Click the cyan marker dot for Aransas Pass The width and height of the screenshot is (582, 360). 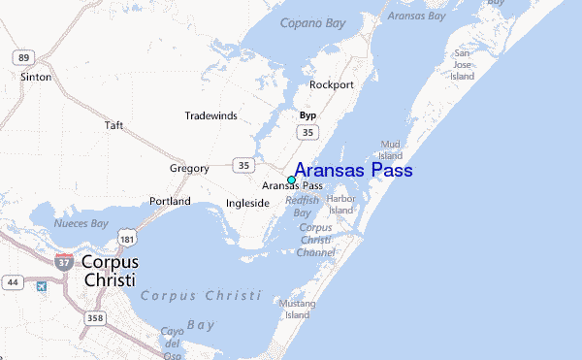pos(292,180)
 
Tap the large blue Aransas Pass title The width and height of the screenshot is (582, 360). pos(353,171)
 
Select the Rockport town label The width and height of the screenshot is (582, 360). pos(331,84)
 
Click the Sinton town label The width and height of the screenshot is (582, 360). pos(36,75)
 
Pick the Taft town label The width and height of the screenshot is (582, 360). pos(114,125)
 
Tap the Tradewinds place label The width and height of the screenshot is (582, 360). pos(211,115)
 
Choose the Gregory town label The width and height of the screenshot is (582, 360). pos(189,168)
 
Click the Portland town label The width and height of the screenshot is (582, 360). pos(170,201)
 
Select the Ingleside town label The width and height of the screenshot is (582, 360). pos(247,204)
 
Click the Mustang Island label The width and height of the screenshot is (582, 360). pos(296,310)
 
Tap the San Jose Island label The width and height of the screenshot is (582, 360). pos(463,64)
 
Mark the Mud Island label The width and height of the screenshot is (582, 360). pos(391,149)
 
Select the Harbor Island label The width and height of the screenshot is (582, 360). pos(341,204)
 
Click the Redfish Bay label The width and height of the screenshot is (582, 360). pos(302,207)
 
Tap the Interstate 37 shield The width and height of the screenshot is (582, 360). pos(64,260)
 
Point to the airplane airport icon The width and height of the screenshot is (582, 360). pos(41,285)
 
